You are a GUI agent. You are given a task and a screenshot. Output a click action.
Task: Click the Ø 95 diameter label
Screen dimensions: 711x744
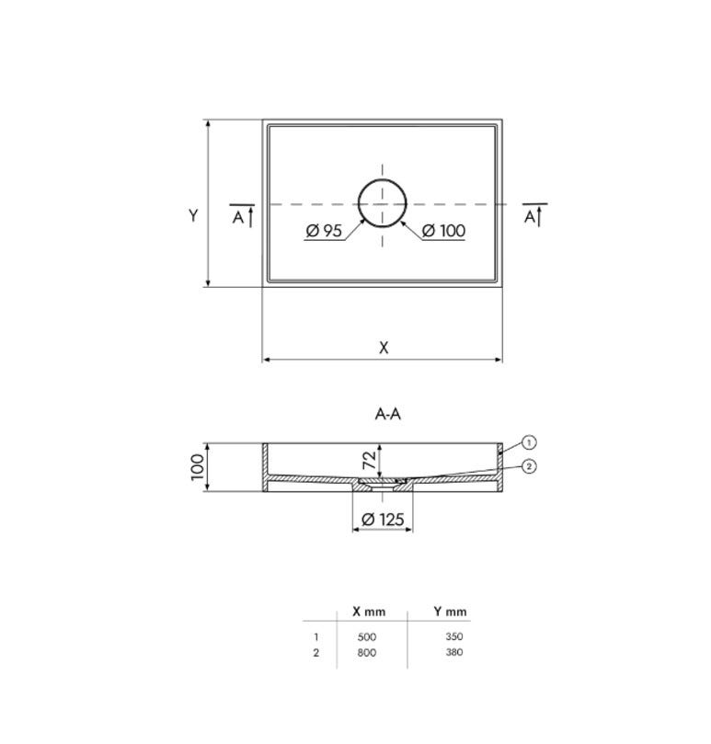(x=324, y=231)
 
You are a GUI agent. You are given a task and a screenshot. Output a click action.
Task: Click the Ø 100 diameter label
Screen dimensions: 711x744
(x=443, y=231)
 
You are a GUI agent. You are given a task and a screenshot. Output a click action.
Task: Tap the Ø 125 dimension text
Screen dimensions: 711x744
(x=383, y=519)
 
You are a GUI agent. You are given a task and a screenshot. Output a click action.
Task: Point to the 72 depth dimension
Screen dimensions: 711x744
(x=369, y=460)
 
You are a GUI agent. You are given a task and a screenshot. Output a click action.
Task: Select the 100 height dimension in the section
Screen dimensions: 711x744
(x=198, y=467)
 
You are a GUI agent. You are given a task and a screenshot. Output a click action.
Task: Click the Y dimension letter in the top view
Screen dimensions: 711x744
(x=193, y=216)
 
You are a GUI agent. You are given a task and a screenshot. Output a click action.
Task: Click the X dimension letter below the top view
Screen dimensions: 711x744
(x=384, y=348)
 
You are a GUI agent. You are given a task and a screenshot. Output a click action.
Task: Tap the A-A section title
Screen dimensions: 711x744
(x=388, y=414)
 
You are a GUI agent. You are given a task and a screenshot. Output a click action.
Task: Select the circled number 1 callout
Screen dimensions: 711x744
(x=529, y=442)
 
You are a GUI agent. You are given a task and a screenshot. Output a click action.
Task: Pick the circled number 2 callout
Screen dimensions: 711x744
(x=529, y=466)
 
